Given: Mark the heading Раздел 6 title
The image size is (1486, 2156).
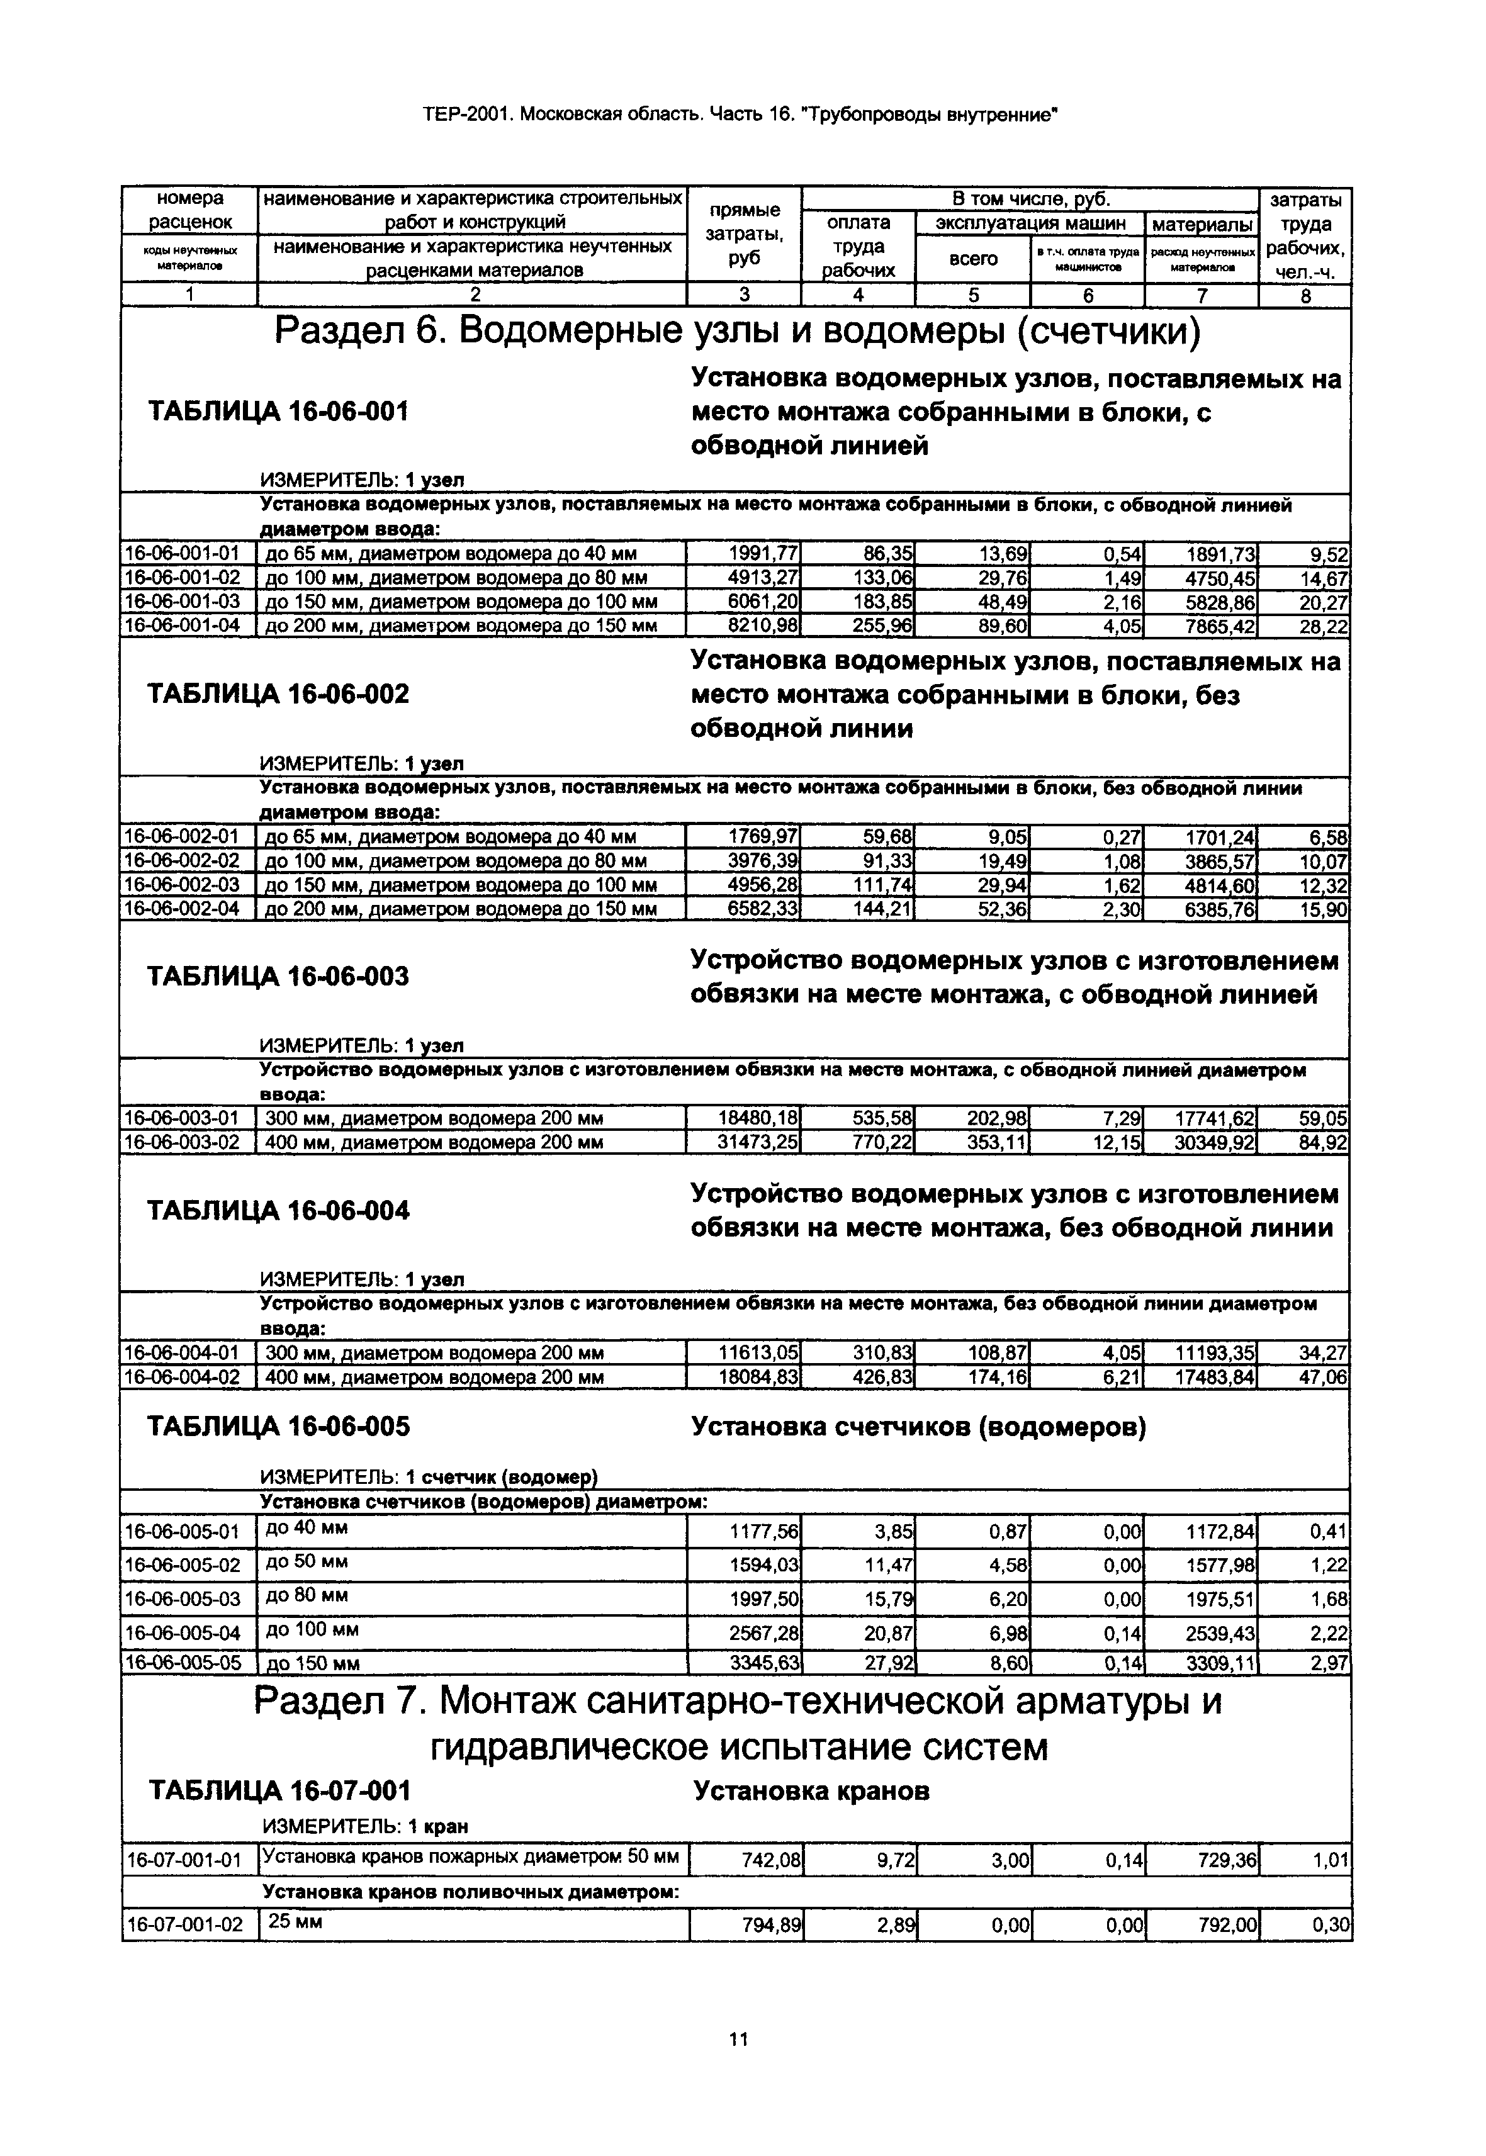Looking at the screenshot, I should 738,332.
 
